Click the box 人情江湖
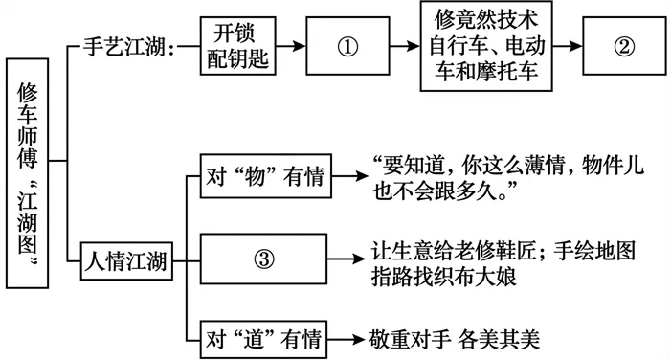click(x=126, y=258)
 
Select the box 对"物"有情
click(x=265, y=179)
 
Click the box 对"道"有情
click(x=265, y=337)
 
